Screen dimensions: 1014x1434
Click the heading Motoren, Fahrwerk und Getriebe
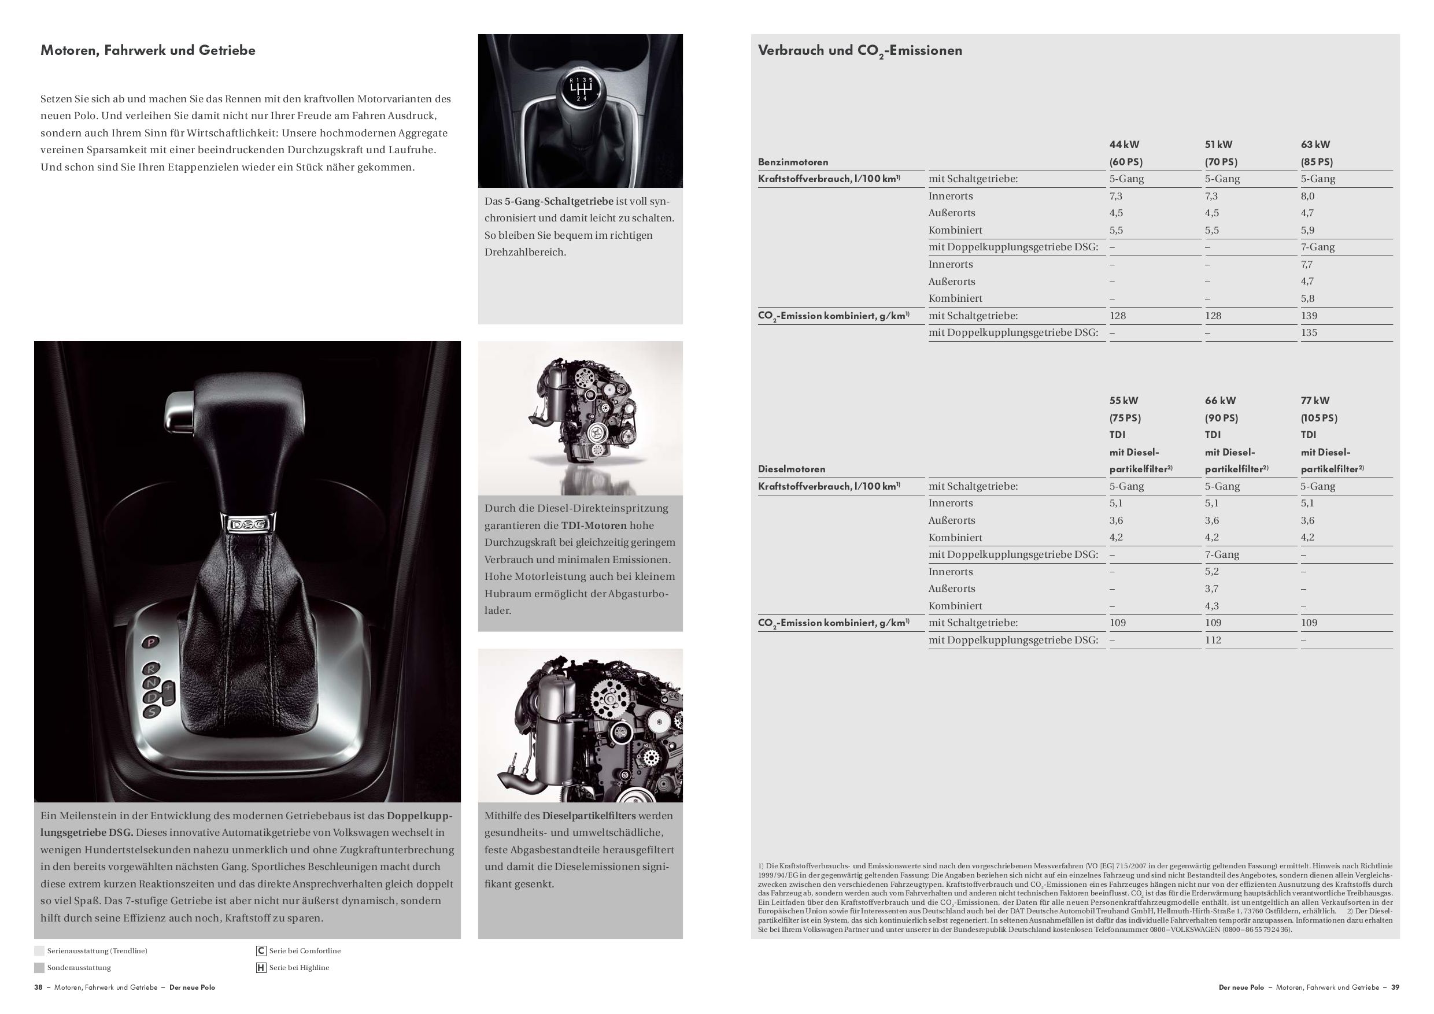[148, 50]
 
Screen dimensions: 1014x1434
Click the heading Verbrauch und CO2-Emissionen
[859, 50]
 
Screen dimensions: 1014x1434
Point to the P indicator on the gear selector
[151, 641]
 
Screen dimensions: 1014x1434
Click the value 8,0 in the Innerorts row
[1307, 196]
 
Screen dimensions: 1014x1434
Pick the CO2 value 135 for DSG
[1309, 333]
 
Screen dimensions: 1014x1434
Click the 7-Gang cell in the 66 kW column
[1222, 554]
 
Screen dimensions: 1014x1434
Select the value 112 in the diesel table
[1213, 640]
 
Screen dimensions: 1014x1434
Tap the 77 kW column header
[1315, 401]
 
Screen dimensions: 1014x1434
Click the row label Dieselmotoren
[792, 469]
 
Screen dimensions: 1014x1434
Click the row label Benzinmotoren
[793, 162]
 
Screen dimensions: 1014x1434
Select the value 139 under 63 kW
[1309, 316]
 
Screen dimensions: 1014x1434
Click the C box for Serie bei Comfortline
[261, 951]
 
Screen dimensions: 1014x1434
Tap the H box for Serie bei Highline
[261, 968]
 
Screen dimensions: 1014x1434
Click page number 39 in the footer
[1395, 988]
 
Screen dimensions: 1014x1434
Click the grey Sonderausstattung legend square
[39, 968]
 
